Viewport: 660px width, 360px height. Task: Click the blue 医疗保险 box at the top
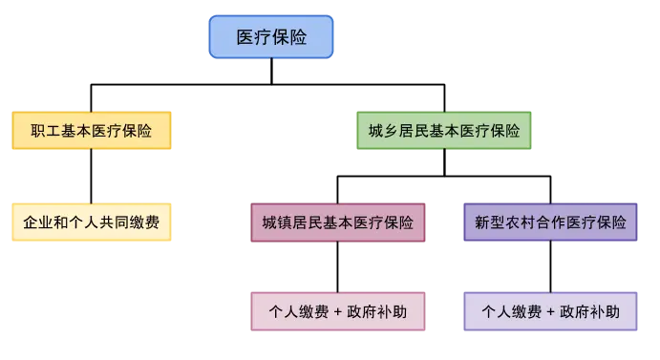click(271, 37)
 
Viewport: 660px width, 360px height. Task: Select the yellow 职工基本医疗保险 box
click(91, 132)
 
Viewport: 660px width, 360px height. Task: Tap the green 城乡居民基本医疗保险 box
click(444, 132)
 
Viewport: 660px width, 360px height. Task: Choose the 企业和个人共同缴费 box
click(91, 222)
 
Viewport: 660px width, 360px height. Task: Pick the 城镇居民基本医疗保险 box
click(337, 222)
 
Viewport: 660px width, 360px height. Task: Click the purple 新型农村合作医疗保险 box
click(550, 222)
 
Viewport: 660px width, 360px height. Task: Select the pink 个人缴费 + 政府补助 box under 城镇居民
click(337, 312)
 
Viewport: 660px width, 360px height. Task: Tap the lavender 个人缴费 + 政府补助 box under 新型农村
click(550, 312)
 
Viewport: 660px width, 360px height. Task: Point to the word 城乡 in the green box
click(383, 132)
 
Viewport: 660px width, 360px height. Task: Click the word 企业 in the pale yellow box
click(37, 222)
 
